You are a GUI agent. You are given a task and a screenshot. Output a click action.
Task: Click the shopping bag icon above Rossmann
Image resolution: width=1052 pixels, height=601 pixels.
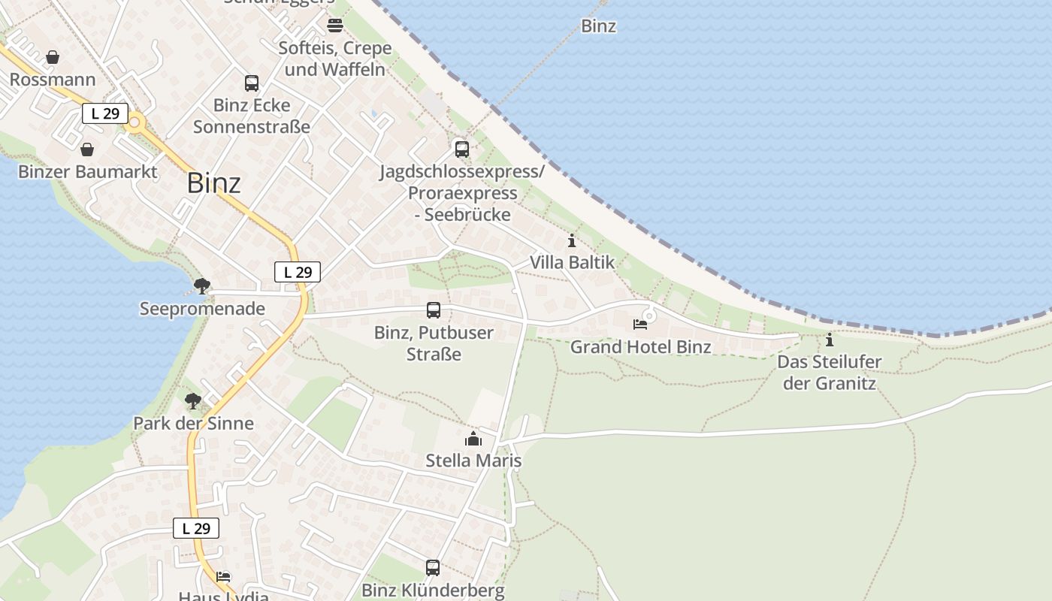pyautogui.click(x=53, y=57)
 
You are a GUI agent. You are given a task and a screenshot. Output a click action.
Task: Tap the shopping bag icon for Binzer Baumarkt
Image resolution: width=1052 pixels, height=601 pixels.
pyautogui.click(x=87, y=149)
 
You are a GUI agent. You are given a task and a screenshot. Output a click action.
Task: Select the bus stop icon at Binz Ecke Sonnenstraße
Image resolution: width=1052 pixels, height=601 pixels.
pyautogui.click(x=252, y=83)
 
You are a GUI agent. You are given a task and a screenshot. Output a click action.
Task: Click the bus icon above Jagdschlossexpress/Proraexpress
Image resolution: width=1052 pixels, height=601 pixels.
pyautogui.click(x=461, y=149)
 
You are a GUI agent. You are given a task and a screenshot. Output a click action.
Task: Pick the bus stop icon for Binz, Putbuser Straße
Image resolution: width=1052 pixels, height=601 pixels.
pyautogui.click(x=434, y=310)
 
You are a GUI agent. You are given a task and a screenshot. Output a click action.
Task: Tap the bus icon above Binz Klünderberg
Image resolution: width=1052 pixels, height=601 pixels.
pyautogui.click(x=433, y=568)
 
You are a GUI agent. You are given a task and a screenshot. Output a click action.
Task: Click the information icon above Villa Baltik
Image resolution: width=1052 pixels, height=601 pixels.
pyautogui.click(x=572, y=241)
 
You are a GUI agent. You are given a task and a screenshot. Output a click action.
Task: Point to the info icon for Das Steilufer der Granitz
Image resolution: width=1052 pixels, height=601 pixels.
pyautogui.click(x=830, y=340)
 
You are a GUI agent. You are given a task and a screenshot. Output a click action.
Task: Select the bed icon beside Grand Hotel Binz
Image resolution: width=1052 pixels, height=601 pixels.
pyautogui.click(x=640, y=325)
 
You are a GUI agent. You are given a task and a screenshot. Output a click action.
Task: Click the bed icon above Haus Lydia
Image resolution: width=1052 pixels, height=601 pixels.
pyautogui.click(x=223, y=577)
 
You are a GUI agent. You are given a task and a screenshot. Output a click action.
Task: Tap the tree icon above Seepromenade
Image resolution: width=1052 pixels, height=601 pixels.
pyautogui.click(x=201, y=285)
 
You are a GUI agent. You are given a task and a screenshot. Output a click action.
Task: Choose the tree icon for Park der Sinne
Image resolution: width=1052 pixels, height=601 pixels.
pyautogui.click(x=193, y=401)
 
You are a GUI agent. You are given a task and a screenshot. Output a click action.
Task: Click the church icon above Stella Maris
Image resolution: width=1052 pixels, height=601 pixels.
pyautogui.click(x=473, y=439)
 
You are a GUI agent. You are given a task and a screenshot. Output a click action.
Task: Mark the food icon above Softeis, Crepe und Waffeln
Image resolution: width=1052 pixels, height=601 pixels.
pyautogui.click(x=334, y=26)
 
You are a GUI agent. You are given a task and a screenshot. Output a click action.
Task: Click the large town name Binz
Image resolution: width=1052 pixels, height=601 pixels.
pyautogui.click(x=214, y=183)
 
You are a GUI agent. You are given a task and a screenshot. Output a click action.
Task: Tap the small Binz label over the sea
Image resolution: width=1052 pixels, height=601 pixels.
pyautogui.click(x=599, y=26)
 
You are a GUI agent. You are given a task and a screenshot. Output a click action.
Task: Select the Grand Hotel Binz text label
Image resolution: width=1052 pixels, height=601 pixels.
pyautogui.click(x=640, y=347)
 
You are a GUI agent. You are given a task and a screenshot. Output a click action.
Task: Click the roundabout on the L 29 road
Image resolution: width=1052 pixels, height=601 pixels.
pyautogui.click(x=136, y=122)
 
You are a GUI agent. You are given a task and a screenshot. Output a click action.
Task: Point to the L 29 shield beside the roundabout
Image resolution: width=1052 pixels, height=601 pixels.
pyautogui.click(x=104, y=113)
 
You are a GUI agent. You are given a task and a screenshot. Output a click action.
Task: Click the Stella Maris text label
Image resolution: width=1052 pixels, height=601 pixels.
pyautogui.click(x=473, y=461)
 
